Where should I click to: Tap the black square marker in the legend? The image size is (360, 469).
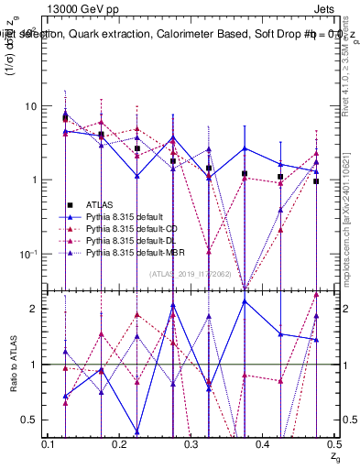point(69,204)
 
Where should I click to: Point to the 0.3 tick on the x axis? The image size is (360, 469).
point(191,442)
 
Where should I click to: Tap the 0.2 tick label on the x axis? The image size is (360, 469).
point(119,442)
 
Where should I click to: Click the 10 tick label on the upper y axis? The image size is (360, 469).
point(30,106)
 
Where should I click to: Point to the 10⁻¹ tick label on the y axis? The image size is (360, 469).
point(27,254)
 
